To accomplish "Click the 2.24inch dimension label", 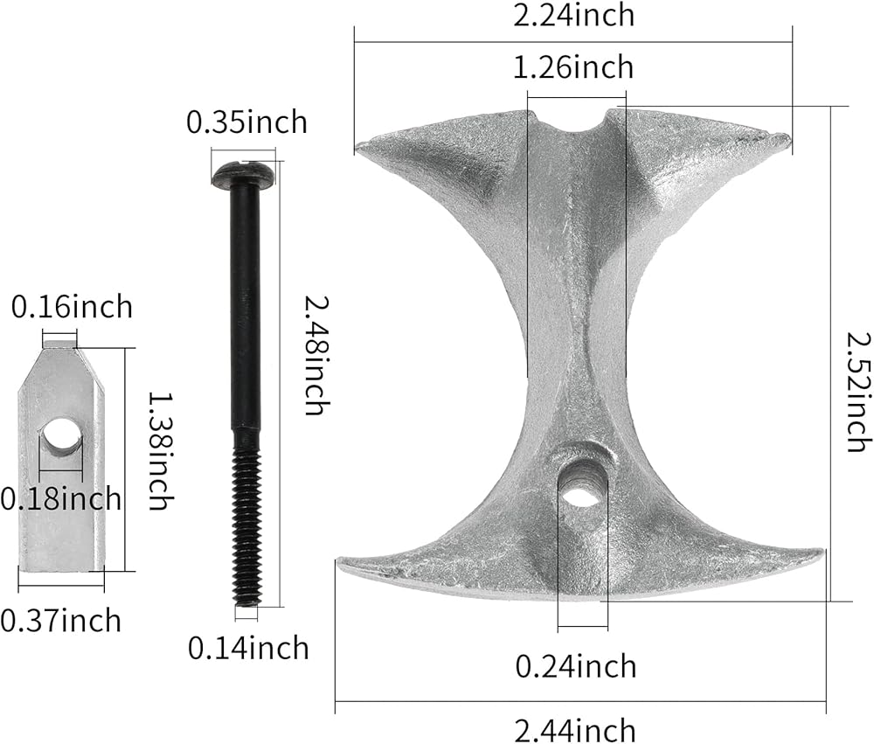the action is point(573,15).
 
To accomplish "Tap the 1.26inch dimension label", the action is point(573,67).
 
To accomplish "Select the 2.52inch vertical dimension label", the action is point(858,391).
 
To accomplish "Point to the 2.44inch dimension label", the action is point(575,730).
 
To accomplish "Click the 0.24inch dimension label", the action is point(575,666).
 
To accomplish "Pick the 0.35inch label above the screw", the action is point(246,122).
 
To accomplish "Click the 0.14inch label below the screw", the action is point(248,648).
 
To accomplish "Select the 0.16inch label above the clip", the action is point(72,307).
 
